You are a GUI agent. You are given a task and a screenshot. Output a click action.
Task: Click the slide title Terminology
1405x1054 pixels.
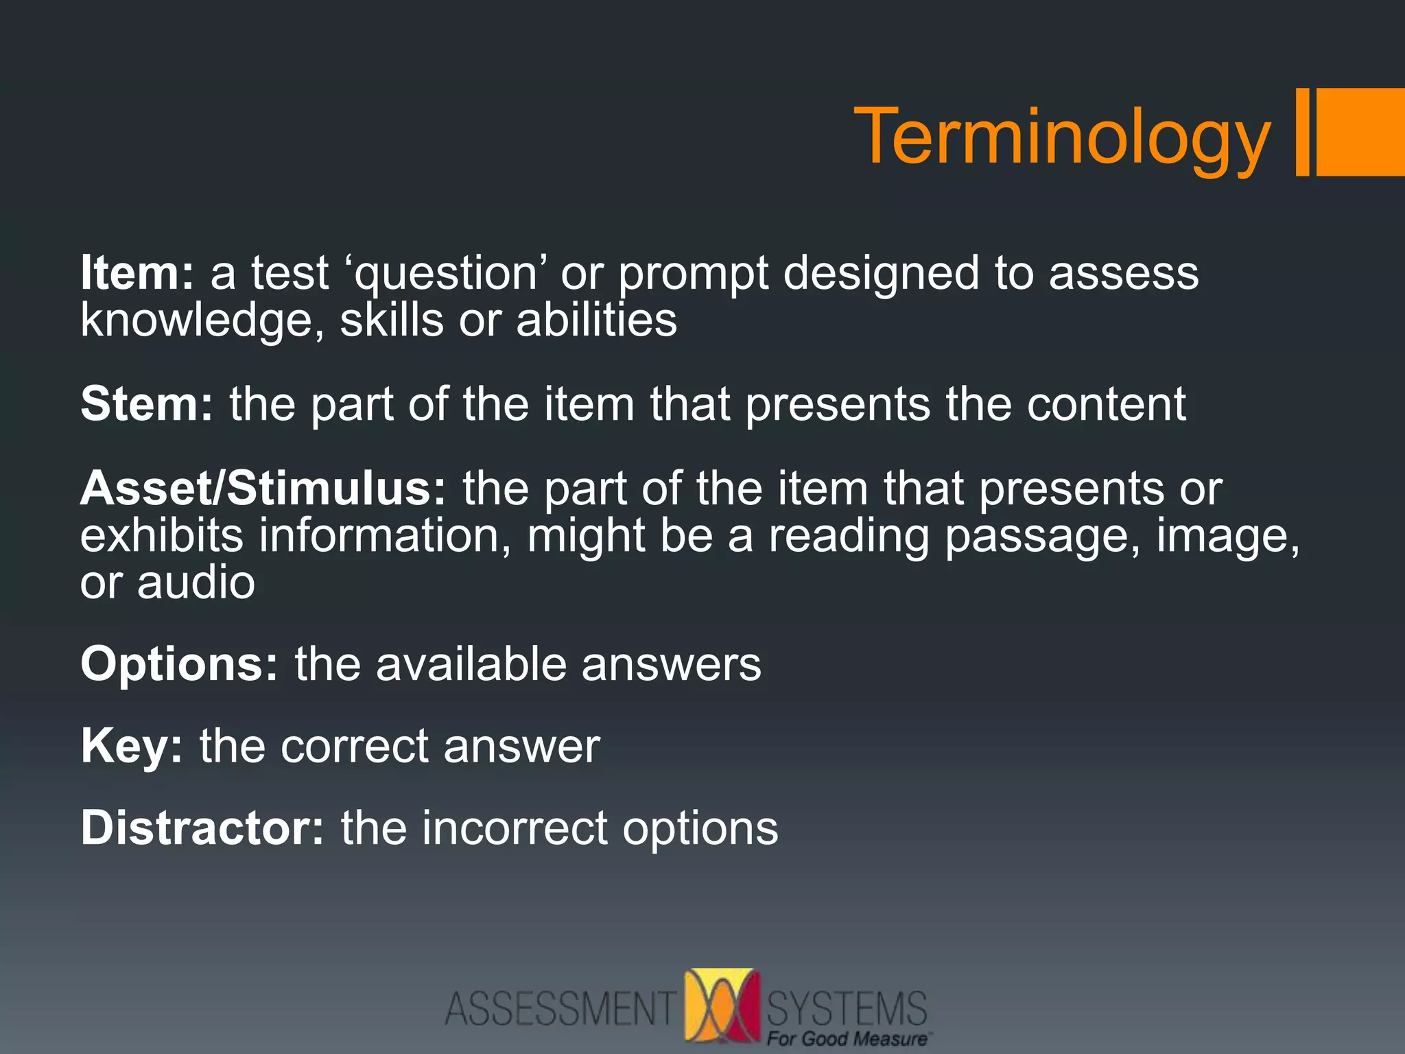point(1062,137)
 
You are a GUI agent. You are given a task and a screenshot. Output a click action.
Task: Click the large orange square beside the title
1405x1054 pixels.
point(1360,132)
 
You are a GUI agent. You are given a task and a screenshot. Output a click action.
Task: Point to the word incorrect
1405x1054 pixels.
point(515,828)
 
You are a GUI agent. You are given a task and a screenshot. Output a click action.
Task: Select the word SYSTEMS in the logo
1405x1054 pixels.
point(847,1007)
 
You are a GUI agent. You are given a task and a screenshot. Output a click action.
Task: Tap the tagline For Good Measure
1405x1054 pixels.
point(847,1039)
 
